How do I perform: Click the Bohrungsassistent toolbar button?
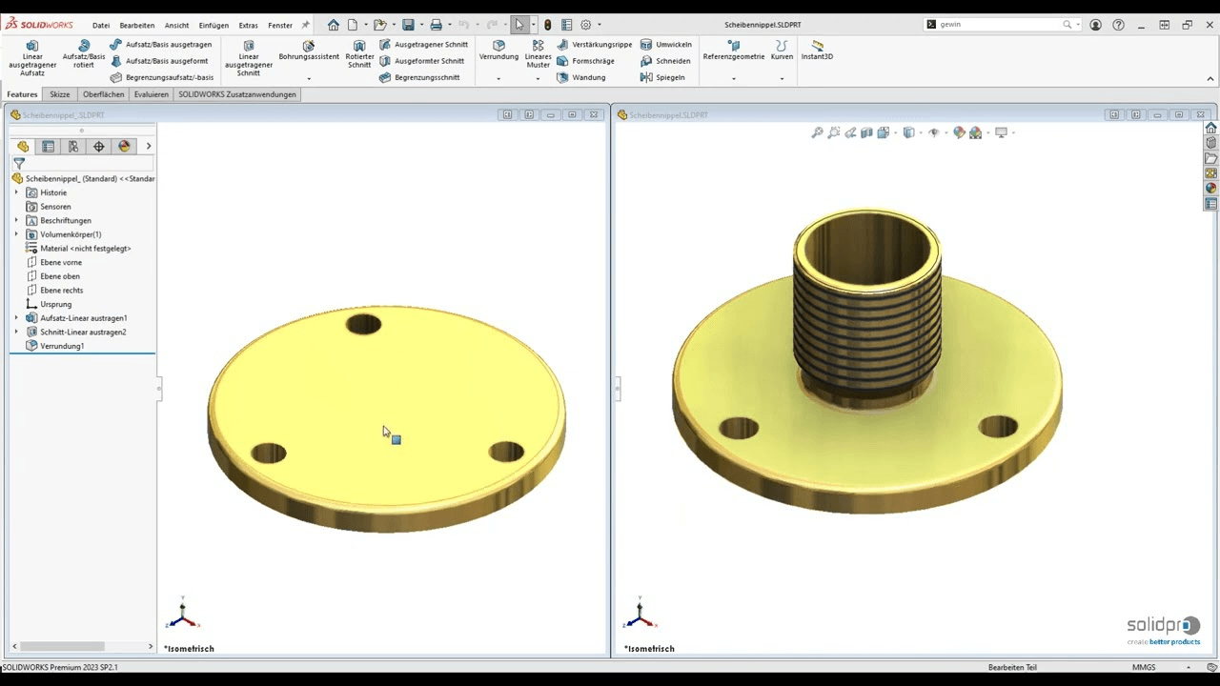(x=309, y=50)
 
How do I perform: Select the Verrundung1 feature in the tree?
(x=62, y=346)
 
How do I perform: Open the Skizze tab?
(x=60, y=94)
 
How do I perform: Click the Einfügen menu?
(x=213, y=26)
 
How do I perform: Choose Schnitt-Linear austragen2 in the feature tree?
(x=83, y=332)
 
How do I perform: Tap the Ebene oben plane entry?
(x=59, y=276)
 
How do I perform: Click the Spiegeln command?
(x=669, y=77)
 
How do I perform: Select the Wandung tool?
(x=588, y=77)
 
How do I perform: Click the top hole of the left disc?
(x=363, y=325)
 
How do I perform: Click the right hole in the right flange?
(x=998, y=426)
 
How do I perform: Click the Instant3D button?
(x=817, y=50)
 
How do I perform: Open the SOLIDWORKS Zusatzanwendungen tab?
(x=236, y=94)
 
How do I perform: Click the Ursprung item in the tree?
(x=55, y=304)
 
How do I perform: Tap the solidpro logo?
(x=1163, y=628)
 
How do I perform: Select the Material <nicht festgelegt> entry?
(x=85, y=249)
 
